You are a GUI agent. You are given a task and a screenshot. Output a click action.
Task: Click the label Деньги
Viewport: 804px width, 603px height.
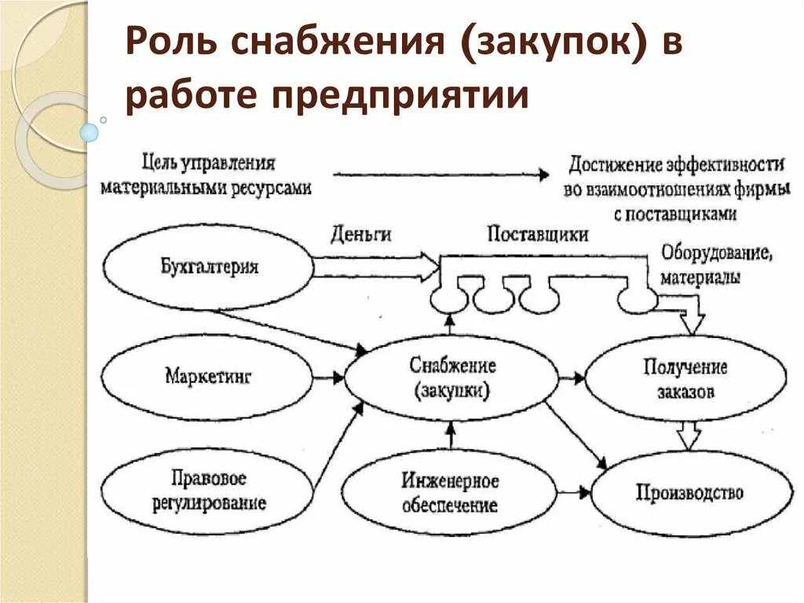[x=361, y=234]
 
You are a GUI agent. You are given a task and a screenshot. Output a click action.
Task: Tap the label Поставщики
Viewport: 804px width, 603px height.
[x=537, y=234]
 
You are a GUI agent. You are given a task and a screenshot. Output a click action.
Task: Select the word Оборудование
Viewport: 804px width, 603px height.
[x=717, y=253]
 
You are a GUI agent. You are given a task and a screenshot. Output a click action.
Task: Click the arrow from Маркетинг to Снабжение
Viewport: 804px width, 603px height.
[x=328, y=378]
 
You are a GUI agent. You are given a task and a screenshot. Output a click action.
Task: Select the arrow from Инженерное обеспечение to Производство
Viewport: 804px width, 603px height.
[x=574, y=493]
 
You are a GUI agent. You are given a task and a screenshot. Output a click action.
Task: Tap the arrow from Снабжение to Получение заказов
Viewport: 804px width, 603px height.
[x=572, y=379]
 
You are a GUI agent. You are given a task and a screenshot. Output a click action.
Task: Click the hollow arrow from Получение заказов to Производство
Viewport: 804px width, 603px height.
[x=688, y=435]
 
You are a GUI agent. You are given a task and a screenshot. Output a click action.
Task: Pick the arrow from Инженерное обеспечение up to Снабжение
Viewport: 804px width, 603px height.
[x=451, y=436]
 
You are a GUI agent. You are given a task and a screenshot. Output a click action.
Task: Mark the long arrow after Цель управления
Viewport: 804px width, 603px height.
[x=441, y=175]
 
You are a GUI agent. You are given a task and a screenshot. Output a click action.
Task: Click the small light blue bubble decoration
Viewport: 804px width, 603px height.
[x=90, y=133]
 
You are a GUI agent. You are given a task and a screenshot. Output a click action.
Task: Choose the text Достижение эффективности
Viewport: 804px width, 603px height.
[x=676, y=165]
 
